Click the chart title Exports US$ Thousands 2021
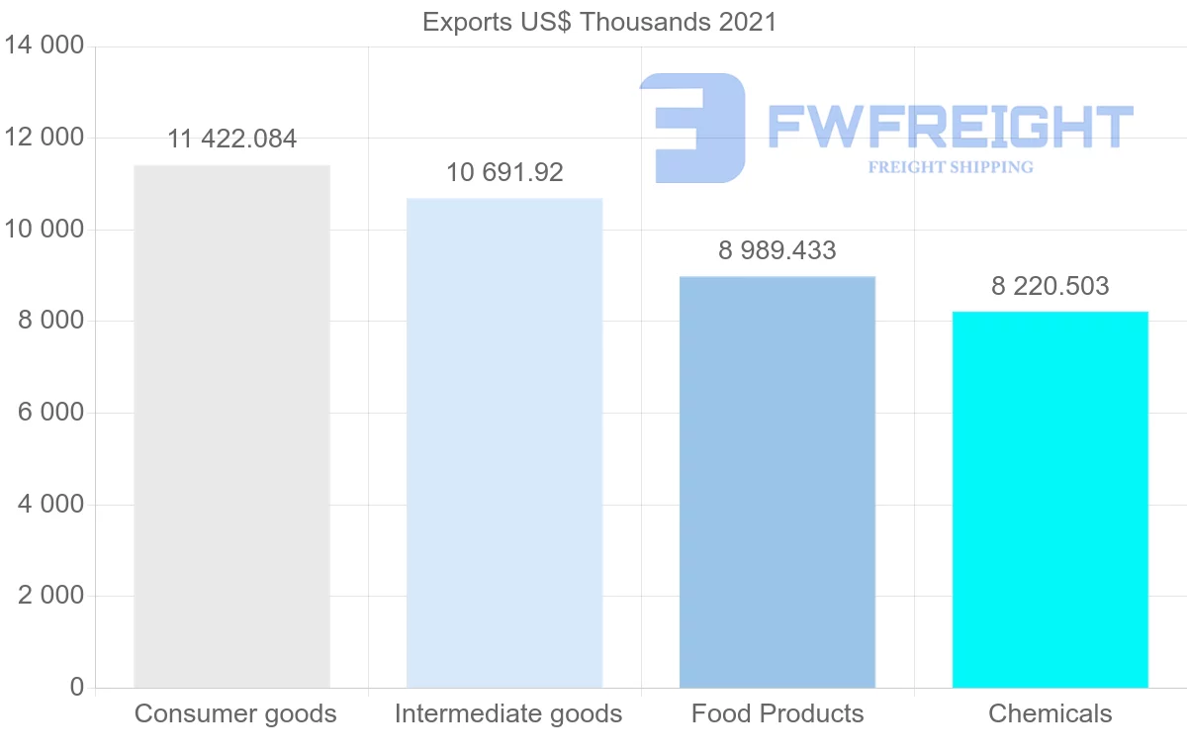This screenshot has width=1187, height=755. point(599,22)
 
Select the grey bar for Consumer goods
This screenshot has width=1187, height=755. point(231,425)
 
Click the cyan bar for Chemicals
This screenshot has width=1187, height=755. point(1050,499)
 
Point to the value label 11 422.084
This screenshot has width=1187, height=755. point(231,140)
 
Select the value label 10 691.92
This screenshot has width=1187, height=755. point(504,173)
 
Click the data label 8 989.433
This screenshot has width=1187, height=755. point(777,251)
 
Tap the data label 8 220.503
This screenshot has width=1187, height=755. point(1050,287)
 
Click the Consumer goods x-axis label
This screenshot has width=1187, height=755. point(235,713)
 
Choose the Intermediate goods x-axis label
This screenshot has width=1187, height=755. point(508,713)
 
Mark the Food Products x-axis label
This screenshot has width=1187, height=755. point(777,713)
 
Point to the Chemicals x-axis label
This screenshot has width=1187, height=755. point(1050,713)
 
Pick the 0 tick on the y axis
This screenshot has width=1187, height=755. point(77,688)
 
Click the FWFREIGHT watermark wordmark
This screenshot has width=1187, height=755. point(950,127)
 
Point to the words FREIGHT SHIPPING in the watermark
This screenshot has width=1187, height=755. point(950,167)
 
